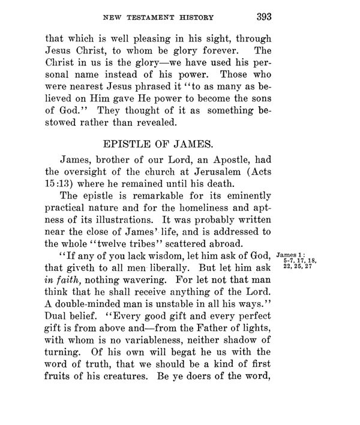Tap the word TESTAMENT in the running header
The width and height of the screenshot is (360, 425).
pos(152,16)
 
